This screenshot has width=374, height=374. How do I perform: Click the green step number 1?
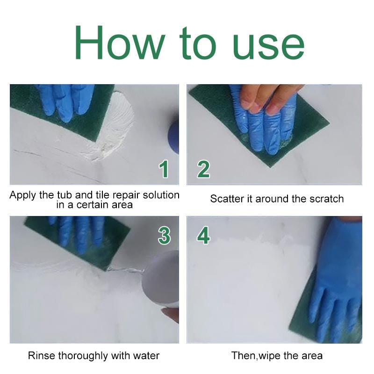164,169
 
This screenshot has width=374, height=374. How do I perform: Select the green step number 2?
203,169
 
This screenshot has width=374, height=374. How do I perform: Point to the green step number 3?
164,236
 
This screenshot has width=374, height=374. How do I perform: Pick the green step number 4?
203,236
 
